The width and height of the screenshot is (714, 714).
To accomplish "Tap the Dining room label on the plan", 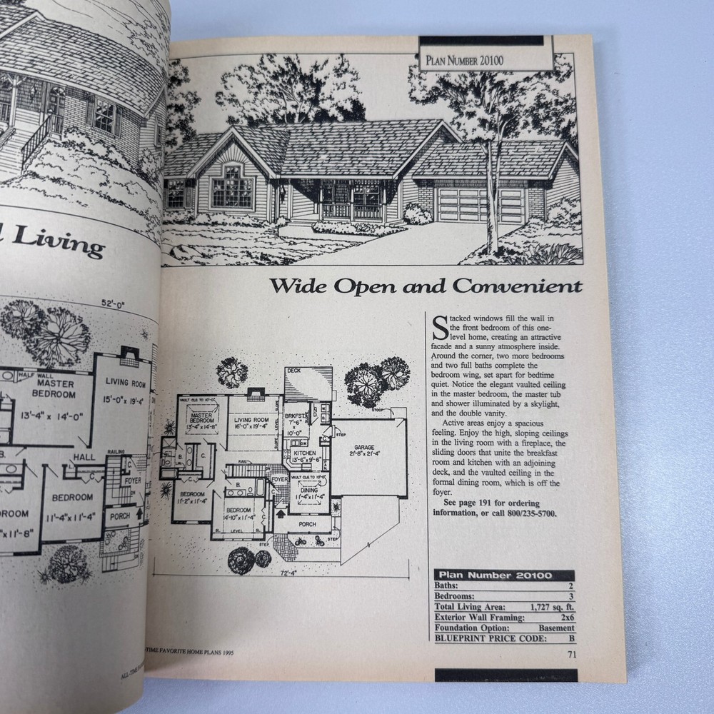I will click(x=309, y=491).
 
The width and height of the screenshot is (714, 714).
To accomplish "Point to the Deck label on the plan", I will click(x=293, y=371).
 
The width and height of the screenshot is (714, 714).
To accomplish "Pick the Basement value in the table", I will click(x=556, y=628).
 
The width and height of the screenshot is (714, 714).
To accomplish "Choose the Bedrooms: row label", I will click(x=457, y=595).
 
